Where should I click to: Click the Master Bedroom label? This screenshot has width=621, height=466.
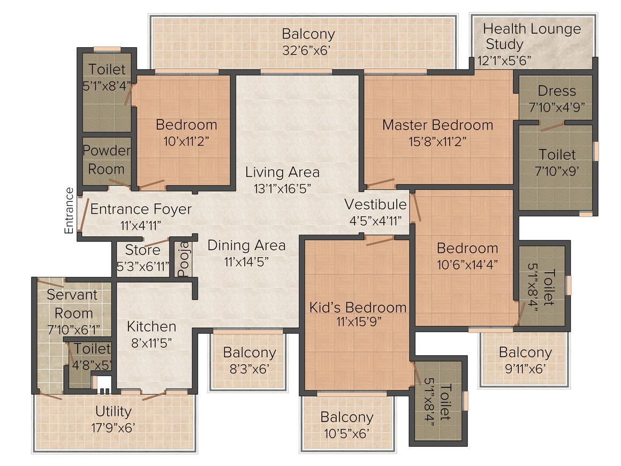(x=437, y=125)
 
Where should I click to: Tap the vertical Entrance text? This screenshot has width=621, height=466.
(x=69, y=211)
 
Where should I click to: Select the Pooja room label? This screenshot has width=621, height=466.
(x=184, y=259)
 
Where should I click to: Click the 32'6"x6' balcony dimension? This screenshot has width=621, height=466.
(x=306, y=51)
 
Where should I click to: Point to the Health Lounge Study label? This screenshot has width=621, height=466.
(x=532, y=36)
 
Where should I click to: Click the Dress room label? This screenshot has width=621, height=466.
(x=556, y=91)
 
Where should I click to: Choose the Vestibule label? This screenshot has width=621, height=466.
(x=375, y=205)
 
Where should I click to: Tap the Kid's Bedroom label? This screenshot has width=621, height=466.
(x=358, y=307)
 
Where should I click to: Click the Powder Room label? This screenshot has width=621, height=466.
(x=106, y=160)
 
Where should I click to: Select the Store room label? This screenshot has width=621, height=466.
(x=142, y=250)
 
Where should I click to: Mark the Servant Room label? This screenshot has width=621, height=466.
(x=72, y=304)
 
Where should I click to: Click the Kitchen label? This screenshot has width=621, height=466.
(x=152, y=327)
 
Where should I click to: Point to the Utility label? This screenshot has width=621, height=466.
(x=113, y=412)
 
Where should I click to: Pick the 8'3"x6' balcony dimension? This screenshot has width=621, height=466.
(x=249, y=369)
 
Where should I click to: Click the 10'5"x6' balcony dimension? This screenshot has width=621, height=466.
(x=346, y=434)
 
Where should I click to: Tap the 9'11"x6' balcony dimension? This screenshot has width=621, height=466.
(x=525, y=369)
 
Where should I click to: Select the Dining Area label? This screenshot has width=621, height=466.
(x=246, y=246)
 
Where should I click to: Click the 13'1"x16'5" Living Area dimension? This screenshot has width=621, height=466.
(x=282, y=189)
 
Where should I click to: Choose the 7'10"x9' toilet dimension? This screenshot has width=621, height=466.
(x=557, y=171)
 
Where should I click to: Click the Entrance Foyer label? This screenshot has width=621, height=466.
(x=141, y=209)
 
